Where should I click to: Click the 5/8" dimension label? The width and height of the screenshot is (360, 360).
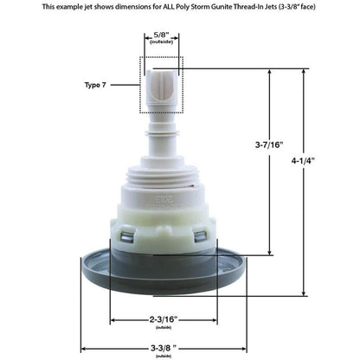(x=162, y=35)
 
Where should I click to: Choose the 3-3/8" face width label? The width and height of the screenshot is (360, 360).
(x=163, y=348)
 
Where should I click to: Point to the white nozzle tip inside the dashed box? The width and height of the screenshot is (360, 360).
(x=162, y=87)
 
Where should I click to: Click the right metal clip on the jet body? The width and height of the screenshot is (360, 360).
(x=201, y=235)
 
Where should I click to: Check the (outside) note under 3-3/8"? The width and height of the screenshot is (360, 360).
(x=163, y=356)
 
